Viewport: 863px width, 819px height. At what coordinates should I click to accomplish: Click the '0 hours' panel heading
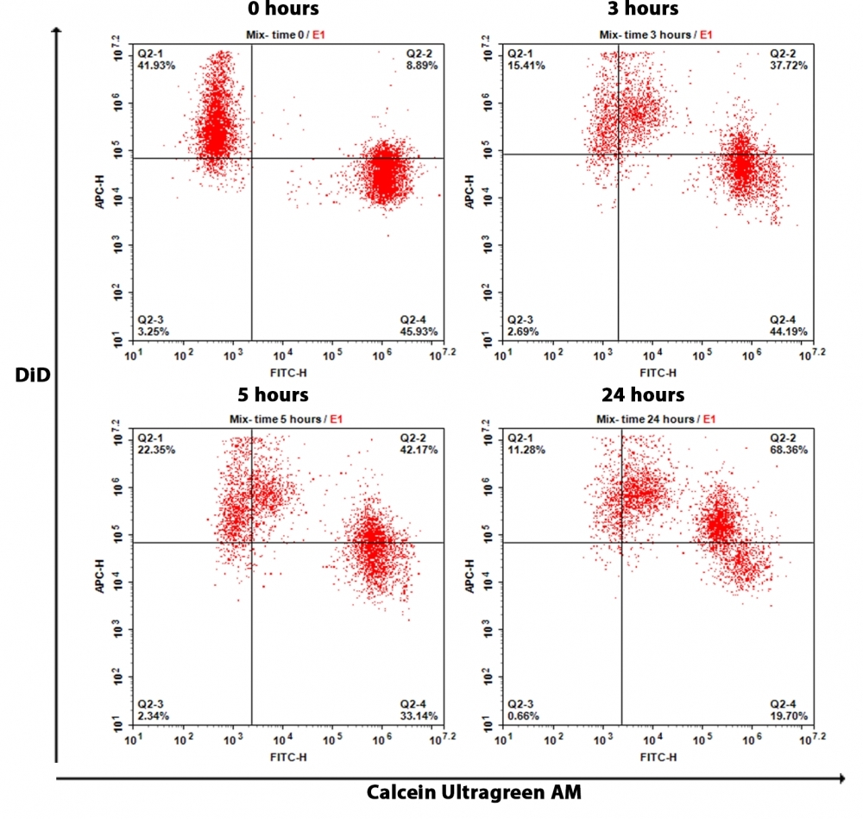click(x=280, y=9)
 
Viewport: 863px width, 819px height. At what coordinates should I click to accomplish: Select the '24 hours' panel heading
click(x=643, y=394)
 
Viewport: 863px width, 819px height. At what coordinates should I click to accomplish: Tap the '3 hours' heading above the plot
click(x=643, y=9)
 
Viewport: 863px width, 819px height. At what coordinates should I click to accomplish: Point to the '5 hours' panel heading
click(x=274, y=394)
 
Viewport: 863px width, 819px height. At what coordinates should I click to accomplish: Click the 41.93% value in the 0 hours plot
click(x=156, y=66)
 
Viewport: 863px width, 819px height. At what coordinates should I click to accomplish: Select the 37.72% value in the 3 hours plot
click(x=791, y=66)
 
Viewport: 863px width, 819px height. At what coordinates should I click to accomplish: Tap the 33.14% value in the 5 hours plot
click(x=420, y=715)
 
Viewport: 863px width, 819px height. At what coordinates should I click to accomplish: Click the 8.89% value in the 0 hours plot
click(x=423, y=66)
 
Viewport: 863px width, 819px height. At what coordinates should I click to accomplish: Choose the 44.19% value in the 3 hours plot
click(x=791, y=331)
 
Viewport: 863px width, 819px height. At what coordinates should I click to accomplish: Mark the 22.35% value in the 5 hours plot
click(x=156, y=450)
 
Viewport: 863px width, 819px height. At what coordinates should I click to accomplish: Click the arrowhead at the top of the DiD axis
click(x=56, y=30)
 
